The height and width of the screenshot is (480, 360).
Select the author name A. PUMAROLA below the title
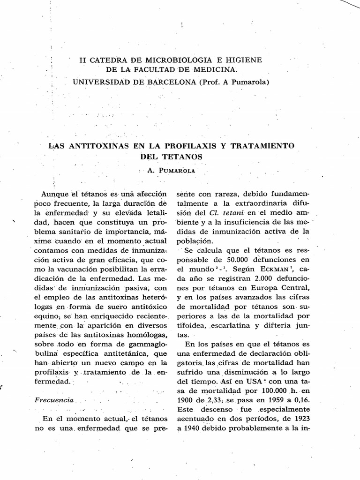click(x=172, y=171)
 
